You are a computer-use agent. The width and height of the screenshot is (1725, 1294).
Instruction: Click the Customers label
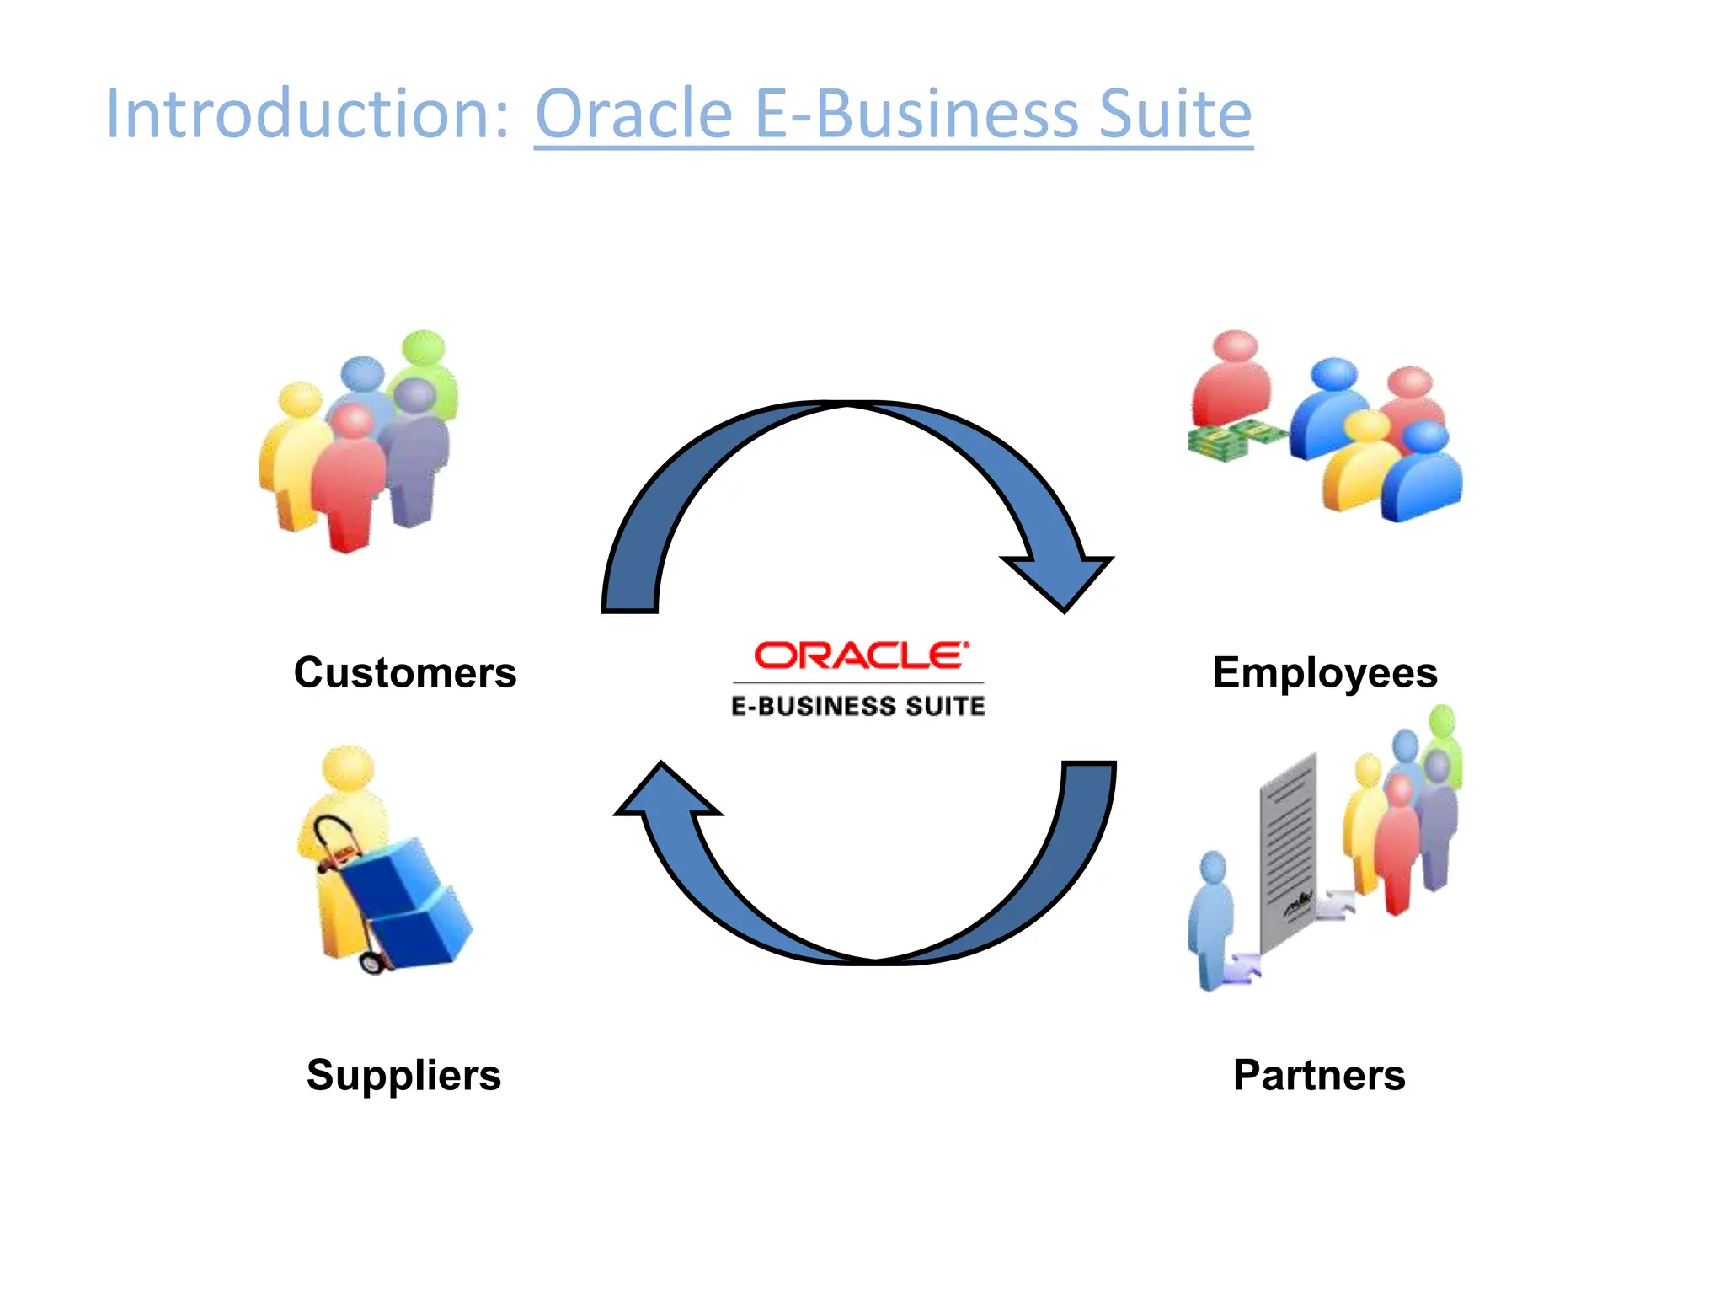click(x=405, y=672)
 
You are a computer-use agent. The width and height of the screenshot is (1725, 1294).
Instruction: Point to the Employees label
click(x=1325, y=672)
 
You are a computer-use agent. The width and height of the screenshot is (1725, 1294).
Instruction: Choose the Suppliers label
click(x=403, y=1075)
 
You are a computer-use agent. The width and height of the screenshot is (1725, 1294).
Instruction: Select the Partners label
click(x=1319, y=1075)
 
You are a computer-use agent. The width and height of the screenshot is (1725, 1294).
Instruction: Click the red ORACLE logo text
click(x=860, y=655)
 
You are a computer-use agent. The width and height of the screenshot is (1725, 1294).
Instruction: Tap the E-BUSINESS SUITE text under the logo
click(x=857, y=706)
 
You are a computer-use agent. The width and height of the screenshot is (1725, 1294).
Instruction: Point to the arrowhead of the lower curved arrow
click(x=666, y=792)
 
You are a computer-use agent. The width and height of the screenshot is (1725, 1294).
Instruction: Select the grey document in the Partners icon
click(x=1288, y=851)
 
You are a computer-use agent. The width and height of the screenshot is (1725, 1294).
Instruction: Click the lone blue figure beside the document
click(x=1211, y=918)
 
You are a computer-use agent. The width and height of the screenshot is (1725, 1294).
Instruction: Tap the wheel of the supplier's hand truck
click(x=371, y=961)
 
